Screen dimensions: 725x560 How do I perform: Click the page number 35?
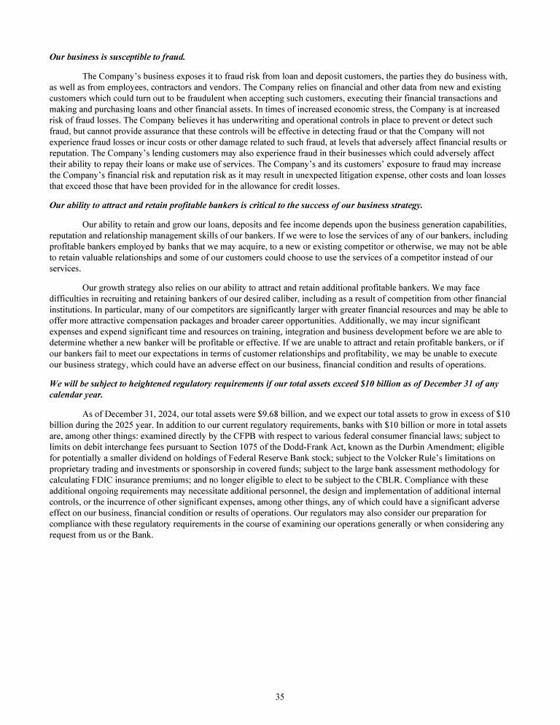click(x=280, y=696)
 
